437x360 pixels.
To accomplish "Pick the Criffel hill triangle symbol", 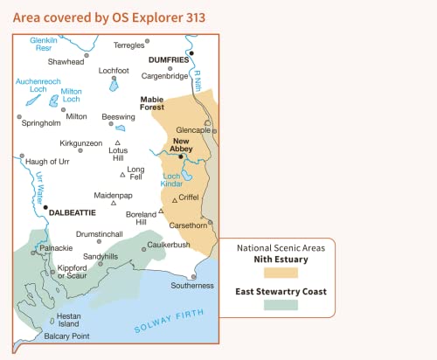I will [175, 200].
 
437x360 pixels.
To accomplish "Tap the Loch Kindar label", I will [171, 180].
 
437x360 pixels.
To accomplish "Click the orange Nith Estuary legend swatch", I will [280, 273].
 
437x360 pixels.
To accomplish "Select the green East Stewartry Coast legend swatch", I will [280, 305].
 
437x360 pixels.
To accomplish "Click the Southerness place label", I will [192, 286].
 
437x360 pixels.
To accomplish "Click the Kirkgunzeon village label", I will [81, 142].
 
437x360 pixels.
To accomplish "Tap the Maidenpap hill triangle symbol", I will [114, 204].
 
